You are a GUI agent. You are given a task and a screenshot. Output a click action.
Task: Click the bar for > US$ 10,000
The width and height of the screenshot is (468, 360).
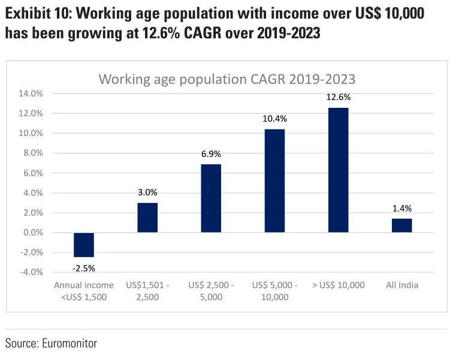coord(338,170)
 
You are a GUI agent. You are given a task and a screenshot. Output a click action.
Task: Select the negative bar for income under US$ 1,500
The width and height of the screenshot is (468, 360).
coord(84,244)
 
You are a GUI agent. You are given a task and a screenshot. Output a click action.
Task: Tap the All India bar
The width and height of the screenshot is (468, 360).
coord(401,225)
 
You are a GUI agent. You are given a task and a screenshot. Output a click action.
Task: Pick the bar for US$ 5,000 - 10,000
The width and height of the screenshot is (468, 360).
coord(274,180)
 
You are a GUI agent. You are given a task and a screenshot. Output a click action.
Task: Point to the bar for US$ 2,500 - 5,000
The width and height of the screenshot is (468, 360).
coord(211,198)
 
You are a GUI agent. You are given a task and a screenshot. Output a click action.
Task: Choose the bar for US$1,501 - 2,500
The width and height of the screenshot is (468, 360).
coord(147,217)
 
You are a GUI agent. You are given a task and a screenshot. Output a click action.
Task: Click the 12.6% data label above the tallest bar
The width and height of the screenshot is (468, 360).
coord(338,97)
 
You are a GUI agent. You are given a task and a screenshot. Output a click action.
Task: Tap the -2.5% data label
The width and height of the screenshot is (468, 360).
coord(84,267)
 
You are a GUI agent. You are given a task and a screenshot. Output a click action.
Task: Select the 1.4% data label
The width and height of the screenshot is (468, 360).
coord(401,208)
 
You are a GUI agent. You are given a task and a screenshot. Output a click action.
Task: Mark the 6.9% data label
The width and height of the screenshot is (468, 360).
coord(211,154)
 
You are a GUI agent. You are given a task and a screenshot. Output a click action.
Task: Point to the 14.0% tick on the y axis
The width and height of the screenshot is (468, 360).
coord(31,93)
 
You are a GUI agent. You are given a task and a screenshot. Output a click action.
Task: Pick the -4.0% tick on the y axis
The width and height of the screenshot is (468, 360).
coord(32,272)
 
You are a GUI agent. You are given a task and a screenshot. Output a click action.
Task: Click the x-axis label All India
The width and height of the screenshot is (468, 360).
coord(401,285)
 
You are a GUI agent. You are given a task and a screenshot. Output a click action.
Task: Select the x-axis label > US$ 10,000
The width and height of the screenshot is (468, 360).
coord(338,285)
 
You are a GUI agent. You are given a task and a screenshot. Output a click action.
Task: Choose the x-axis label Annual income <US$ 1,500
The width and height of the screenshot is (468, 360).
coord(80,291)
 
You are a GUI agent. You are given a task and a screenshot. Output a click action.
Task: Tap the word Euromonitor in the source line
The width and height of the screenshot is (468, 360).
coord(69,343)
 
